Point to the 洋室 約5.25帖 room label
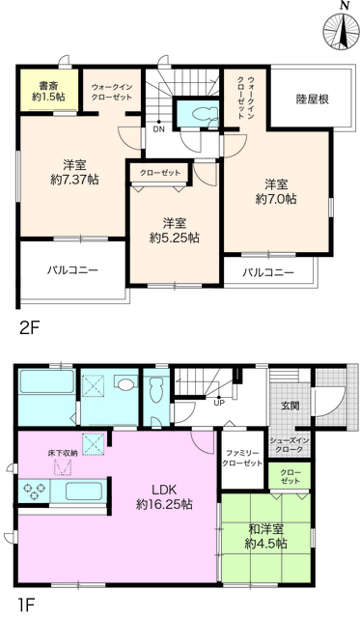175,229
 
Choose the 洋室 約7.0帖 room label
277,190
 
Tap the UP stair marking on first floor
218,403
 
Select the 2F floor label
29,327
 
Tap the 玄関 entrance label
289,406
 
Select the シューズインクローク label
289,445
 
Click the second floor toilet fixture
201,113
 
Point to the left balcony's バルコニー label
73,269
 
